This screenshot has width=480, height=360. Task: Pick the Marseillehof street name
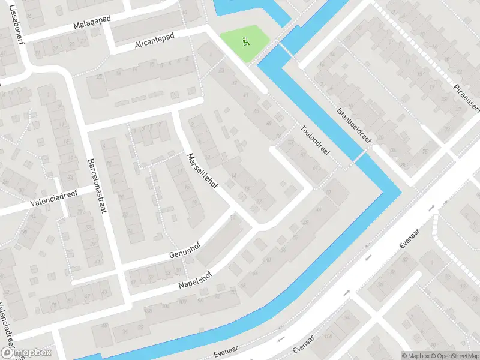(202, 172)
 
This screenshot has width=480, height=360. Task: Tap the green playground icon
(245, 41)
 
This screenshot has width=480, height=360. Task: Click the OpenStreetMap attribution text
(454, 355)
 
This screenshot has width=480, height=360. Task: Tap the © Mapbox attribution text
(416, 355)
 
